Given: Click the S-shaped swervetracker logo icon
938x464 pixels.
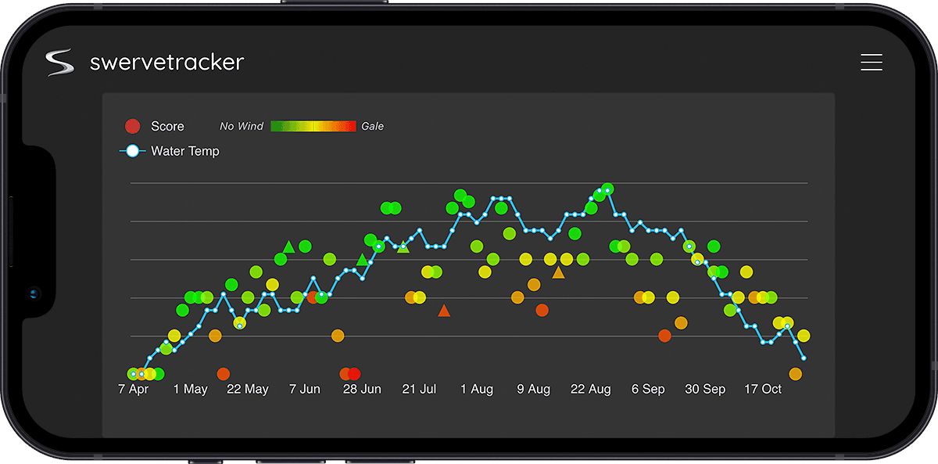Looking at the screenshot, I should [x=59, y=63].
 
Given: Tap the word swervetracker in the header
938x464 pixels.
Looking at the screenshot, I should [x=166, y=63].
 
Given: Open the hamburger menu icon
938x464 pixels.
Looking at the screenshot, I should [x=871, y=63].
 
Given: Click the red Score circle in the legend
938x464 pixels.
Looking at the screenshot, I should [x=132, y=126].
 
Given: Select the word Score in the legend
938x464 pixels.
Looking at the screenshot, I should [x=167, y=126].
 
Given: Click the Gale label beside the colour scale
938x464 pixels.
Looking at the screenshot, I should [x=372, y=126].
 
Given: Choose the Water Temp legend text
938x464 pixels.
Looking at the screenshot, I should [x=185, y=151].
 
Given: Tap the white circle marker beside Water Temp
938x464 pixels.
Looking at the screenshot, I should [x=132, y=151].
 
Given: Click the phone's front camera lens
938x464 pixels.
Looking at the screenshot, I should [x=34, y=294].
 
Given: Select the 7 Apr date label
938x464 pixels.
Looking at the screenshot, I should [x=133, y=389].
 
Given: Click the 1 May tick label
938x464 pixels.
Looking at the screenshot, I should [x=190, y=389].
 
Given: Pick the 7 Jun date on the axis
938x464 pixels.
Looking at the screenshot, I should [x=305, y=389].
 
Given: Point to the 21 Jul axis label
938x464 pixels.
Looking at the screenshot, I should [x=419, y=389].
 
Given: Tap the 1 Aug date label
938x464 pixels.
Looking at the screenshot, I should [x=477, y=389].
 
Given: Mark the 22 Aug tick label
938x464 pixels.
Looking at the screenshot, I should [x=591, y=389].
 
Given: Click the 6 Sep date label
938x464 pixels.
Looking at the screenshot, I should [x=648, y=389].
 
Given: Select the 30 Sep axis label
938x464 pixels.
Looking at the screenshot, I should [x=705, y=389].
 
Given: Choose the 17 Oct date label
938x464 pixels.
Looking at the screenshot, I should [x=762, y=389].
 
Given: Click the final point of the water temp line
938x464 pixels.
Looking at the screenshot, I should [x=804, y=358].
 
